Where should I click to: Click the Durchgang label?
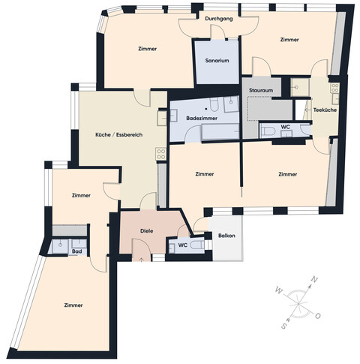[x=217, y=20]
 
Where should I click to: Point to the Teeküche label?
[x=325, y=110]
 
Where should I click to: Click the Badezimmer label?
[x=202, y=119]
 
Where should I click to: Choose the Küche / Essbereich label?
[x=118, y=135]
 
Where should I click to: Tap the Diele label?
[x=147, y=230]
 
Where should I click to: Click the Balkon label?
[x=226, y=236]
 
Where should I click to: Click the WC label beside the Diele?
[x=182, y=245]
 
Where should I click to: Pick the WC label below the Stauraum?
[x=285, y=127]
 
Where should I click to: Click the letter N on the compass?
[x=314, y=280]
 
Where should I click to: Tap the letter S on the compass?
[x=284, y=326]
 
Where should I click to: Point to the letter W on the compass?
[x=277, y=289]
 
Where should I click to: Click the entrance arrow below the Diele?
[x=142, y=260]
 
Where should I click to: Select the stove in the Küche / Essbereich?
[x=160, y=153]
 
